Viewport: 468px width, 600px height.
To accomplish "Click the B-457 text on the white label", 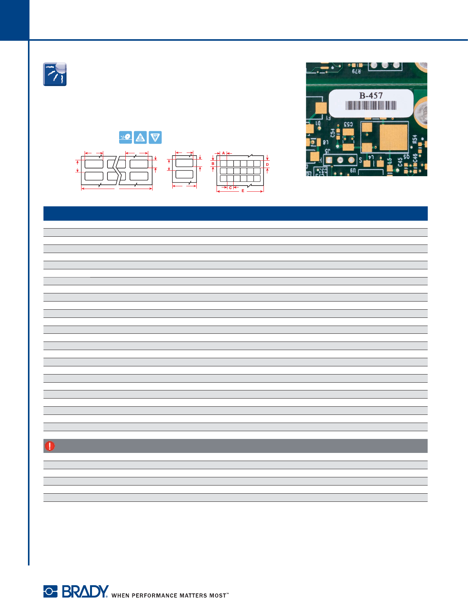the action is click(371, 95).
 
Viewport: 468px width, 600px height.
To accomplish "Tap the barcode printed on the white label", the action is click(371, 105).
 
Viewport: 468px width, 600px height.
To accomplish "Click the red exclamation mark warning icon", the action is click(50, 446).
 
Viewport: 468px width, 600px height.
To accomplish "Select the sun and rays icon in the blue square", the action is click(55, 74).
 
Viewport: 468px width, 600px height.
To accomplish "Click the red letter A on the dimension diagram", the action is click(224, 153).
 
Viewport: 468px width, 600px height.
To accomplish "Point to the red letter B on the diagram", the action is click(213, 164).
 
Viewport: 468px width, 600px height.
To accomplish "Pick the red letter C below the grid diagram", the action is click(231, 188).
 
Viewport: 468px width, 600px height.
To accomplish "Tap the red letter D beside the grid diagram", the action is click(267, 165).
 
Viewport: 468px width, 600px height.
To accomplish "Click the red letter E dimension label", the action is click(243, 191).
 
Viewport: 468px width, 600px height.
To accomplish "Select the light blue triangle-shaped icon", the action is click(155, 137).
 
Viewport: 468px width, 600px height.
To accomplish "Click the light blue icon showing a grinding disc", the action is click(125, 137).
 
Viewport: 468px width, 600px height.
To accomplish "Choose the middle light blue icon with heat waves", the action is click(140, 137).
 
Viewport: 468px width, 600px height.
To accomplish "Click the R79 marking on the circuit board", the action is click(356, 71).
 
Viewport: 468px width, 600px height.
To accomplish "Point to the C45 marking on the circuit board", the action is click(400, 161).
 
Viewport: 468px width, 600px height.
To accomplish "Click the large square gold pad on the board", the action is click(393, 137).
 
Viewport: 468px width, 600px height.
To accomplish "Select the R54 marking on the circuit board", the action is click(415, 139).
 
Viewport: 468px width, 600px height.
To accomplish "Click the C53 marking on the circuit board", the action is click(348, 124).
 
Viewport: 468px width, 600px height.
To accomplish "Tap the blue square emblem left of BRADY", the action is click(50, 591).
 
